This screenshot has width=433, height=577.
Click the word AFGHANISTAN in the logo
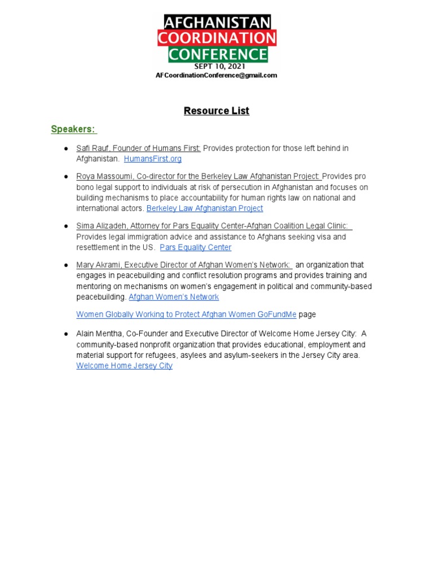[x=217, y=23]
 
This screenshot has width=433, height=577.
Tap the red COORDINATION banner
[x=217, y=38]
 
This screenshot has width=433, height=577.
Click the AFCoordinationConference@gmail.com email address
[x=216, y=76]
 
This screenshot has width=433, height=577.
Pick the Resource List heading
[x=216, y=111]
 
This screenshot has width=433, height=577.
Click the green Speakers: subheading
[x=73, y=129]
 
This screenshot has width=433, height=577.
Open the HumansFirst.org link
[x=153, y=159]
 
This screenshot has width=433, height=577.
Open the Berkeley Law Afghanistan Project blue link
[x=205, y=208]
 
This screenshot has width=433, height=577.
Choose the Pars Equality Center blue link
[x=196, y=247]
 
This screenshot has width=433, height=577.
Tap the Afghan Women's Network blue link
[x=174, y=297]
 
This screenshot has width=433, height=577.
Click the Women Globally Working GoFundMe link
[x=186, y=314]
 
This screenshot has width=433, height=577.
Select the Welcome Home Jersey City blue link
[x=124, y=366]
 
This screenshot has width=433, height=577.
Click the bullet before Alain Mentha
[x=66, y=334]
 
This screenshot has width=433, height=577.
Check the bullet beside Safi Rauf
[x=66, y=148]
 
